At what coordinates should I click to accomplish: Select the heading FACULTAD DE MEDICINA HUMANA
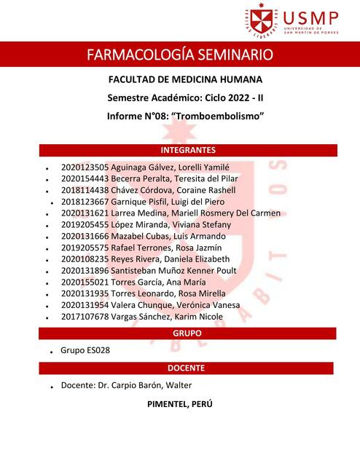point(185,79)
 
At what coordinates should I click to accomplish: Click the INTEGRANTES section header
point(188,151)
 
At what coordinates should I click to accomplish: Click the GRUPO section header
point(188,333)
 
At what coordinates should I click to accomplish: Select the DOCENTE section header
point(188,368)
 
